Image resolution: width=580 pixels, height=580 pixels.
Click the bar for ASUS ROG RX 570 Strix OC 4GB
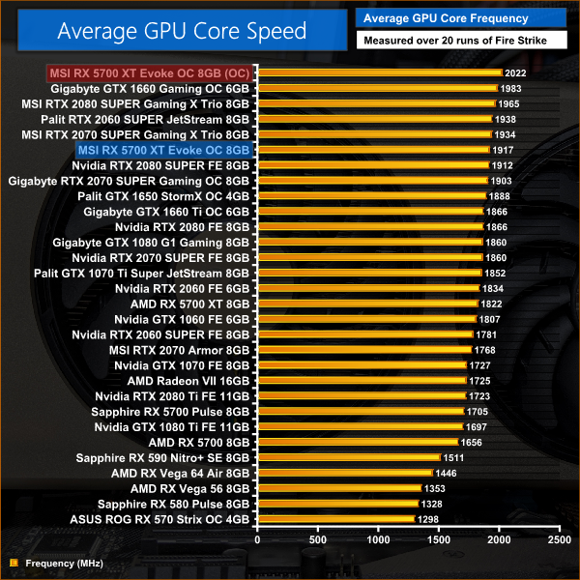(x=334, y=519)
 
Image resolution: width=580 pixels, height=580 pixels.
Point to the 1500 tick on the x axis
(x=438, y=539)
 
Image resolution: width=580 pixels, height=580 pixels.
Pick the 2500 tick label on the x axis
(x=558, y=539)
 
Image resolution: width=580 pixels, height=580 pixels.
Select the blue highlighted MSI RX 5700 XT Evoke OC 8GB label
(x=163, y=150)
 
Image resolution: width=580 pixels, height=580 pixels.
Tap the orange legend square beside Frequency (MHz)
(x=13, y=563)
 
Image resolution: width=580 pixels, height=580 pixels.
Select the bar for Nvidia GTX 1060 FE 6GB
(x=366, y=318)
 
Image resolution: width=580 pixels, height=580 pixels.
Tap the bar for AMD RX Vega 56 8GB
(x=339, y=488)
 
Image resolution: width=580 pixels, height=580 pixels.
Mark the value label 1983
(x=512, y=88)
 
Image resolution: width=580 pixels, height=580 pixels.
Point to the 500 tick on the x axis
(x=317, y=539)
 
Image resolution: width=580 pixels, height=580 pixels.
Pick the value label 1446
(x=447, y=473)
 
